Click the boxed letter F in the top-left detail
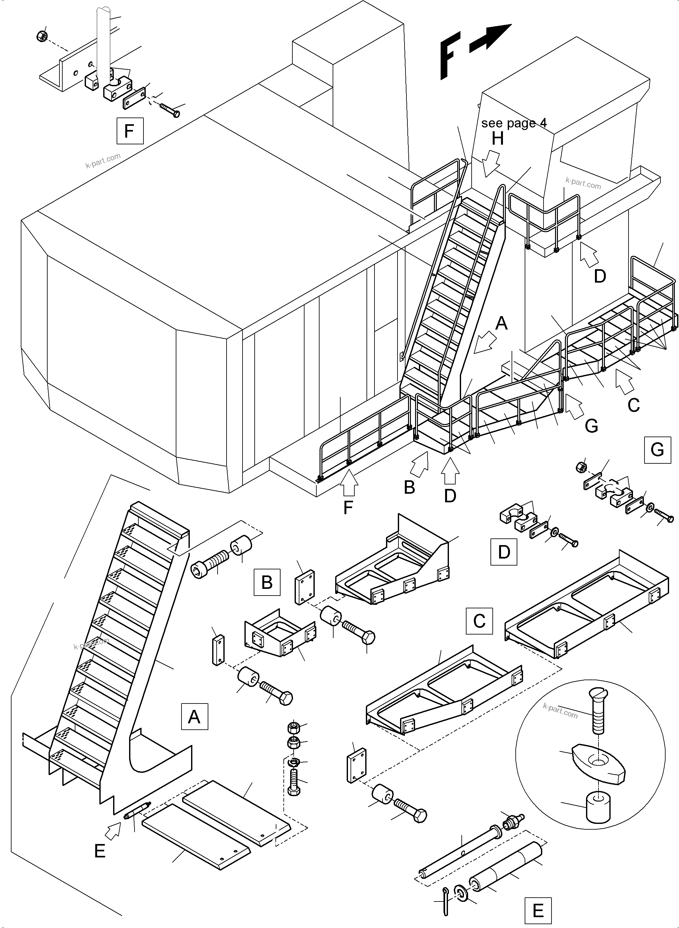(x=130, y=131)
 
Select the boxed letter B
(x=267, y=582)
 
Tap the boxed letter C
(x=479, y=621)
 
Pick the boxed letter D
(x=504, y=552)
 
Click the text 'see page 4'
(x=514, y=123)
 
